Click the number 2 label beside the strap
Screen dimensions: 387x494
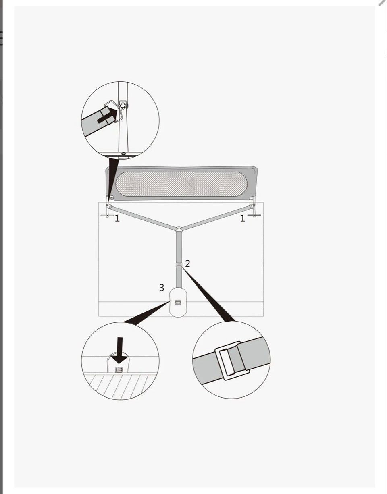[187, 264]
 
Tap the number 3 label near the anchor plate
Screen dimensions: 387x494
[162, 288]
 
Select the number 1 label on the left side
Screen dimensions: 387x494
[117, 218]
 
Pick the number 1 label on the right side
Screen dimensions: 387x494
[243, 218]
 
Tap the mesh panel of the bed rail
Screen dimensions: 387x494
[181, 184]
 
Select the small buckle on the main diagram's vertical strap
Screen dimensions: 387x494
[179, 265]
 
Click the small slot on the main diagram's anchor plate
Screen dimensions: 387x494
[178, 302]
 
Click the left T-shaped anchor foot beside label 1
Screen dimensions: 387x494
[107, 216]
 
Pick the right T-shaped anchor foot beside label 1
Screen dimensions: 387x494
[254, 215]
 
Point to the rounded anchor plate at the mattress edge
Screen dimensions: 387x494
[178, 302]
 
